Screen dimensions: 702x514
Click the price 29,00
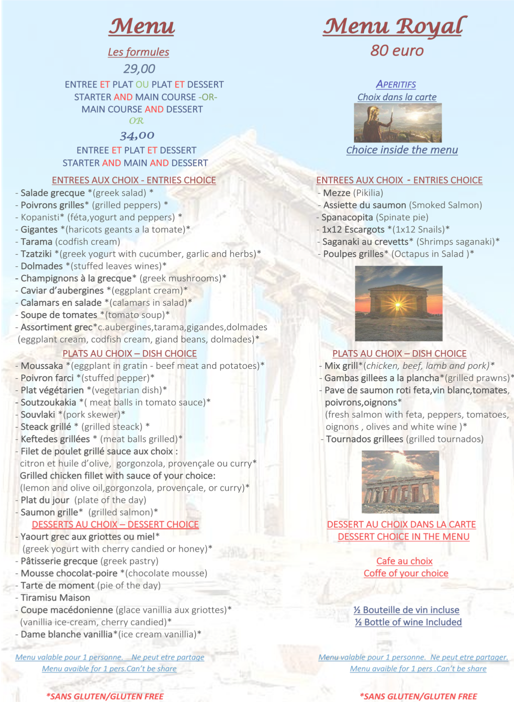click(139, 69)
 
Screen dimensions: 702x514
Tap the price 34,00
click(137, 135)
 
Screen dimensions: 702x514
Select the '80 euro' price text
click(397, 51)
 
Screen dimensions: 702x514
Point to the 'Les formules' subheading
click(138, 52)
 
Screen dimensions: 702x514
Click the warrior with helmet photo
click(398, 123)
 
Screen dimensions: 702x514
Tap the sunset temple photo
click(399, 303)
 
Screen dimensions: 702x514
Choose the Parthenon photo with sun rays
click(400, 482)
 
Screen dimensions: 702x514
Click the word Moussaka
click(42, 366)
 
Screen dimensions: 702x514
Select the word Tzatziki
click(36, 254)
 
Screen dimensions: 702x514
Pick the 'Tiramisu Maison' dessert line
click(55, 598)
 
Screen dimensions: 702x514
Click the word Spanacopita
click(347, 217)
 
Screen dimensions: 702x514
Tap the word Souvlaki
click(38, 414)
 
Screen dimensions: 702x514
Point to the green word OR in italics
click(136, 121)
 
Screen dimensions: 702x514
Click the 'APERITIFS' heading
click(396, 84)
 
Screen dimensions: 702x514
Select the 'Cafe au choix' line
click(404, 561)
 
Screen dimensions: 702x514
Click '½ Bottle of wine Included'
click(408, 622)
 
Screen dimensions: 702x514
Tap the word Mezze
click(337, 193)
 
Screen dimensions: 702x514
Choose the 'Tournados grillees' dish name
click(364, 439)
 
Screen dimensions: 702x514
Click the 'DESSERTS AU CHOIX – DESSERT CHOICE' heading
click(115, 524)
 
